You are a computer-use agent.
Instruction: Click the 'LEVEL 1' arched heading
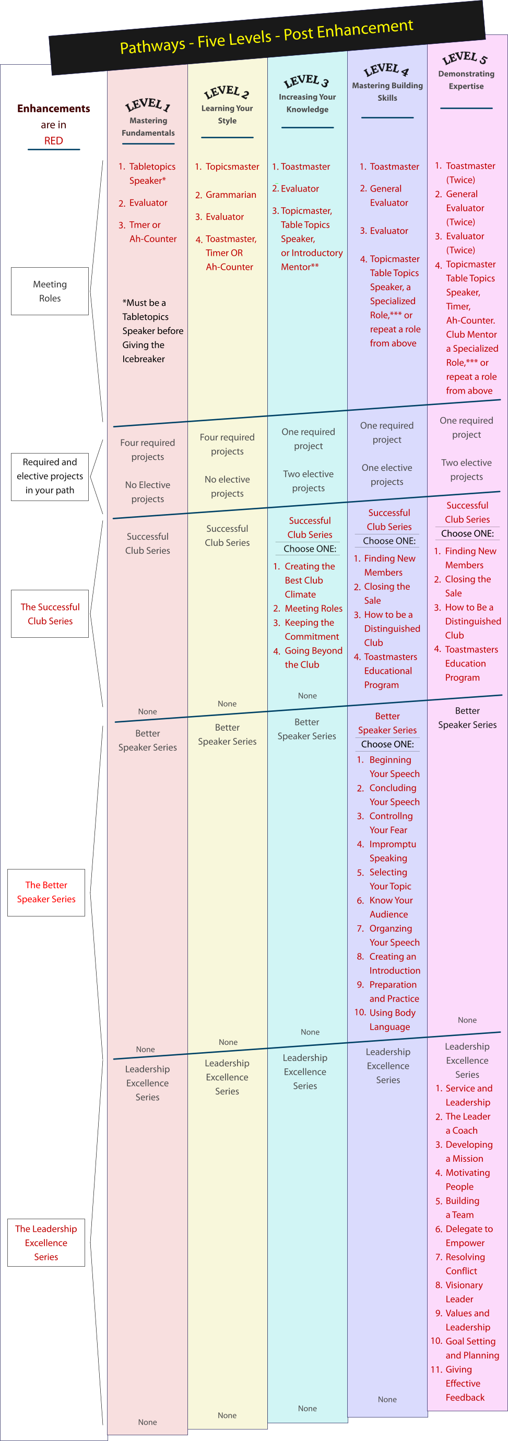148,104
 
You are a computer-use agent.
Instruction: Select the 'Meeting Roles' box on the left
50,291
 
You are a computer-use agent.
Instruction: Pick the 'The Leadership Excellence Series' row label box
46,1243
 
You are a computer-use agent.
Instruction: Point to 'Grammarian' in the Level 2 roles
230,195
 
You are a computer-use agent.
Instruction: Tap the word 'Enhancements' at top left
54,109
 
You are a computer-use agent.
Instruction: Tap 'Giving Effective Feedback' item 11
464,1383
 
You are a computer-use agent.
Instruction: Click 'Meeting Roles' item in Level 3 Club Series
313,608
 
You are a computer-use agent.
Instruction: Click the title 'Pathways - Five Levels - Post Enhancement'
266,37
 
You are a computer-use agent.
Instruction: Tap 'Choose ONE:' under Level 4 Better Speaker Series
387,744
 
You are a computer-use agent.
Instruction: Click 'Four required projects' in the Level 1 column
148,450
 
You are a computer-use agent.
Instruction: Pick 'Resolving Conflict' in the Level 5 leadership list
464,1264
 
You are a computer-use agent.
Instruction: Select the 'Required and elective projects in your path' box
50,476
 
